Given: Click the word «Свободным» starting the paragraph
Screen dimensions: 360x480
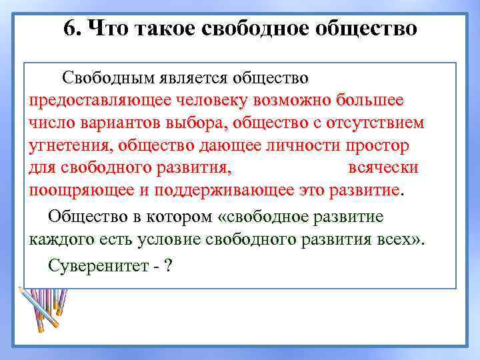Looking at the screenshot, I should [x=107, y=79].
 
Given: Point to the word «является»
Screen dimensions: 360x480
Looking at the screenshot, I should [x=193, y=79].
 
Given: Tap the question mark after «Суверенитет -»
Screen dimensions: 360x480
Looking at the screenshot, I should [x=169, y=265].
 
